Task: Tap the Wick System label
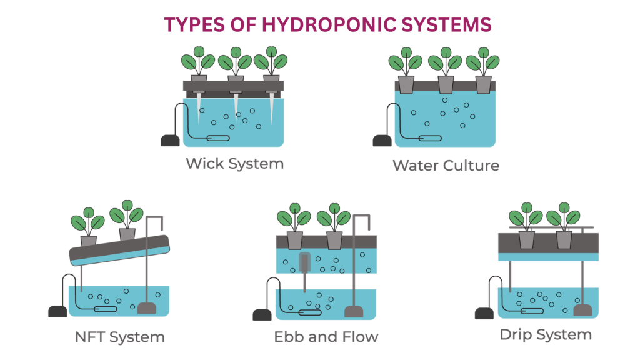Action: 234,164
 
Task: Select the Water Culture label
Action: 446,166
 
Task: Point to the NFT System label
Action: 119,337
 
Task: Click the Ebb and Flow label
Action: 326,337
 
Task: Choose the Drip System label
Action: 545,335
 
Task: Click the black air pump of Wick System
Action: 170,140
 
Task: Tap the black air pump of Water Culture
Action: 382,141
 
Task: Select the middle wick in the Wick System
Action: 236,106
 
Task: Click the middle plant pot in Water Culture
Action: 446,84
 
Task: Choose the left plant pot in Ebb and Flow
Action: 294,240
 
